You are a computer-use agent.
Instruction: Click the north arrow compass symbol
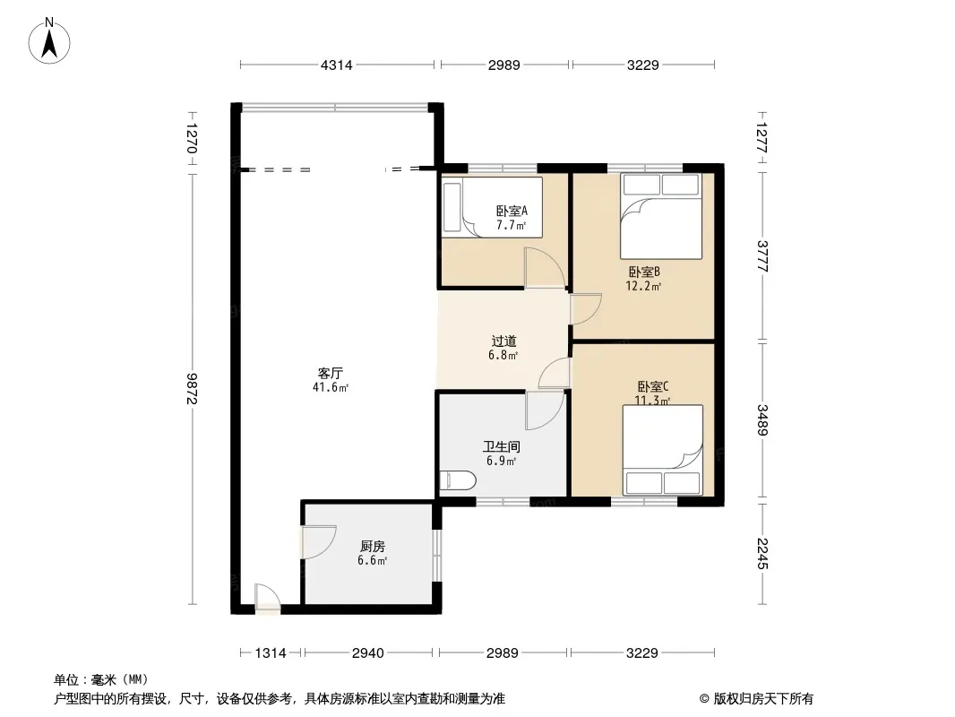click(x=49, y=40)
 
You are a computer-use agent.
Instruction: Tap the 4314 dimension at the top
click(x=336, y=65)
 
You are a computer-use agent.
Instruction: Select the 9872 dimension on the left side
click(x=191, y=389)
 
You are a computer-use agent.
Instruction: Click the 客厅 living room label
click(x=330, y=373)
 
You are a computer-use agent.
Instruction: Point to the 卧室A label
click(x=512, y=211)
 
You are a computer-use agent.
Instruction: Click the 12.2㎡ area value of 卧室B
click(x=643, y=286)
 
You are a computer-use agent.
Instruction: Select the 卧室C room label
click(x=653, y=386)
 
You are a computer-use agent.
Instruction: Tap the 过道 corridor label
click(x=503, y=341)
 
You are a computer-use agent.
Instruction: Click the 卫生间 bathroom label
click(x=502, y=446)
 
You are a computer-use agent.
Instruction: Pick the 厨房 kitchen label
click(x=372, y=547)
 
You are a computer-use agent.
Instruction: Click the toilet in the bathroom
click(x=458, y=480)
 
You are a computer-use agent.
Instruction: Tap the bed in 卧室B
click(x=661, y=216)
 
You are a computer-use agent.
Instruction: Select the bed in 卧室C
click(x=663, y=450)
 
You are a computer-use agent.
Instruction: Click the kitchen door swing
click(x=319, y=542)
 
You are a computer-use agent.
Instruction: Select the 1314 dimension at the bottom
click(x=271, y=653)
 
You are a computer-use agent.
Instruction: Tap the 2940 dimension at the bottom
click(x=368, y=653)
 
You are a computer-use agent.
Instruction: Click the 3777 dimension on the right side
click(x=761, y=255)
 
